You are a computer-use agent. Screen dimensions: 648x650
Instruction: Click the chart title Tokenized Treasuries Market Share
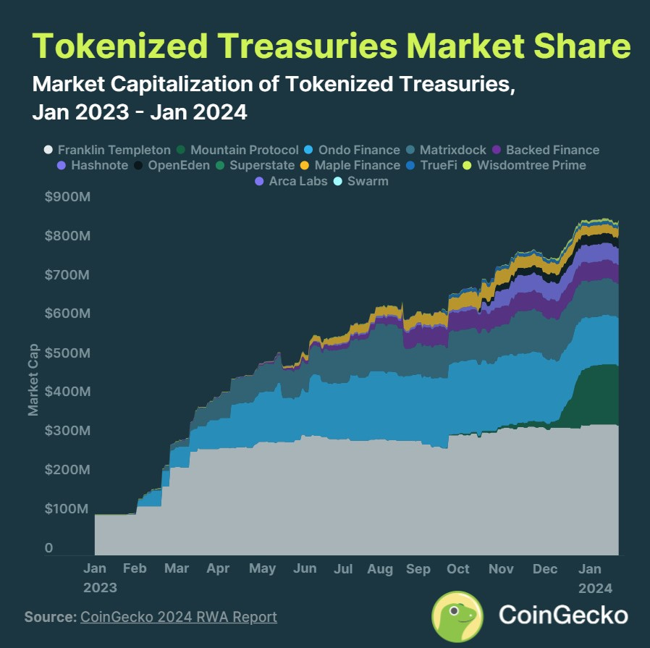pyautogui.click(x=332, y=47)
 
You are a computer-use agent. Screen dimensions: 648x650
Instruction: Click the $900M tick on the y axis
pyautogui.click(x=72, y=198)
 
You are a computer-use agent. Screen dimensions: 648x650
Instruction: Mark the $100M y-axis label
pyautogui.click(x=72, y=509)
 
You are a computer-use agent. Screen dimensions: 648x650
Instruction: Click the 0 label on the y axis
pyautogui.click(x=48, y=548)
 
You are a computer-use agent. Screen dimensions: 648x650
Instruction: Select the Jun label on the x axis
pyautogui.click(x=305, y=568)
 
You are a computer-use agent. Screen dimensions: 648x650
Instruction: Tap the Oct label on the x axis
pyautogui.click(x=458, y=568)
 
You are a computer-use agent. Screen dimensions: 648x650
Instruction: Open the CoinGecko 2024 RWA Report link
pyautogui.click(x=178, y=617)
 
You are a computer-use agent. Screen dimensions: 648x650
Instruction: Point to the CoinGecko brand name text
pyautogui.click(x=562, y=616)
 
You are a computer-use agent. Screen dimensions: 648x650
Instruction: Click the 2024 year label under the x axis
pyautogui.click(x=596, y=587)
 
